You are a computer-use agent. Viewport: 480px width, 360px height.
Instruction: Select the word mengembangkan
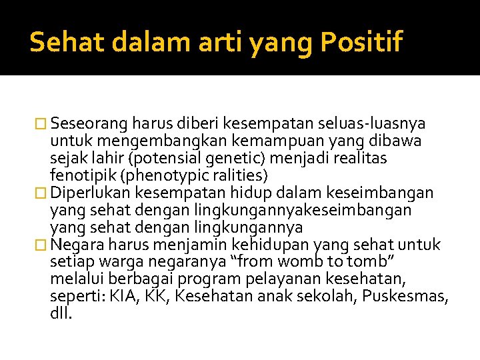coord(138,141)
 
